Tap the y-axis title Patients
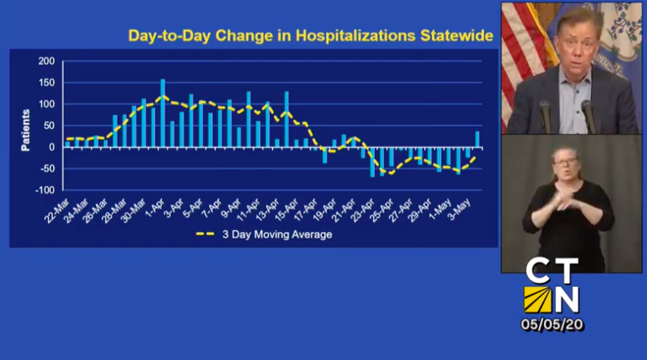pos(25,129)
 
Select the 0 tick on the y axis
pos(51,147)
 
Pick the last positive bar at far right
pos(477,139)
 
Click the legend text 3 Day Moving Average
pos(277,235)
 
